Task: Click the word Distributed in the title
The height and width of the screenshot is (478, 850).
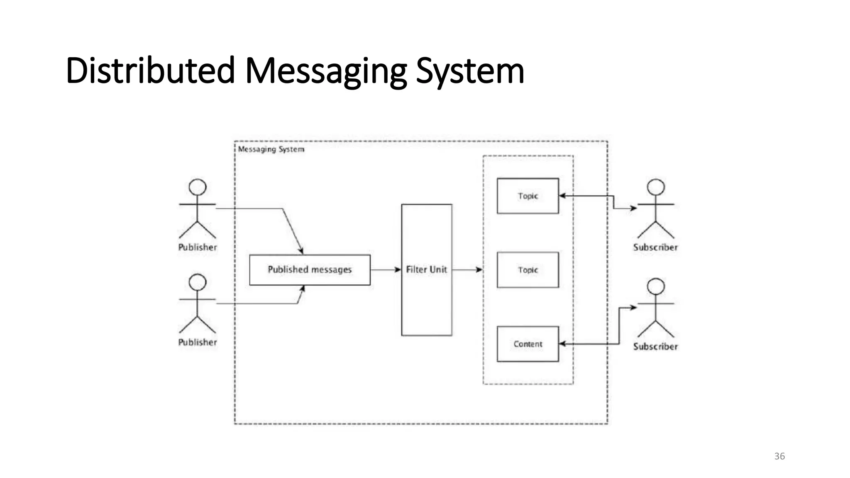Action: (x=150, y=71)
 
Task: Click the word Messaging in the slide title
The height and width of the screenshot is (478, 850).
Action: (x=326, y=71)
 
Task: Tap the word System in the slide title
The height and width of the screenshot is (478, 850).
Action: (x=470, y=71)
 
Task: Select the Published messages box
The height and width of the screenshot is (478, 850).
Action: (x=310, y=270)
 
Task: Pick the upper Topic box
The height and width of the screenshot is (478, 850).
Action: (x=528, y=196)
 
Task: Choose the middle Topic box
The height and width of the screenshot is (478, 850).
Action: (x=528, y=270)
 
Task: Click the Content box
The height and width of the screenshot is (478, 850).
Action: (x=528, y=344)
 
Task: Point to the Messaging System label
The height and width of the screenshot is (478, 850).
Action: (x=271, y=149)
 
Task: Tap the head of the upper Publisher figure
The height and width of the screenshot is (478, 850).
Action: (x=198, y=187)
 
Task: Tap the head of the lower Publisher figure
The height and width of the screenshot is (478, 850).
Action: (x=198, y=282)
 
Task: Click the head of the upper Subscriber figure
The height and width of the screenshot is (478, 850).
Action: (x=656, y=187)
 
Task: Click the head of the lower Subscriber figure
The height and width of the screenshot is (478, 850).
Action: (x=656, y=286)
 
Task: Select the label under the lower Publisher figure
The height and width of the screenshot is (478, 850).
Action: (x=198, y=342)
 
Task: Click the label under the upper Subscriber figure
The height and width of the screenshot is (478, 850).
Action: (x=655, y=247)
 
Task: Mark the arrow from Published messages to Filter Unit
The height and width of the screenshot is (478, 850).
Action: (x=385, y=270)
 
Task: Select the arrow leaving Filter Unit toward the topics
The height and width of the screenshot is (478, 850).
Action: (x=467, y=270)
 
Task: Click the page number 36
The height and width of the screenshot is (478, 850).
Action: (x=779, y=456)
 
